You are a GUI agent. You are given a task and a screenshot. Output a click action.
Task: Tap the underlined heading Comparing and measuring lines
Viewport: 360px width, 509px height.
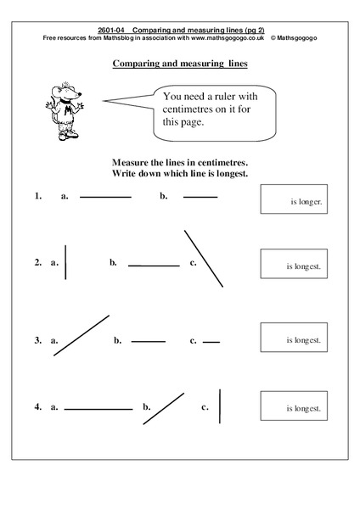tap(180, 63)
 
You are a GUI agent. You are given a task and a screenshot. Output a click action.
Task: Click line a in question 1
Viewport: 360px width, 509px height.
tap(106, 197)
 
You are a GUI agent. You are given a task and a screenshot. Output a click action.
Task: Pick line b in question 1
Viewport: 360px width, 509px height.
tap(200, 197)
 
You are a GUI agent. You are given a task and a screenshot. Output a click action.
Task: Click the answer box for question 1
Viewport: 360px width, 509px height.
tap(294, 201)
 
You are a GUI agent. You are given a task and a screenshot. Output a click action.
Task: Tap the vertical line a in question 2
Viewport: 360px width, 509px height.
tap(65, 262)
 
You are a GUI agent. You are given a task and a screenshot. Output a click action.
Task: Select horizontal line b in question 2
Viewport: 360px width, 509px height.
tap(154, 266)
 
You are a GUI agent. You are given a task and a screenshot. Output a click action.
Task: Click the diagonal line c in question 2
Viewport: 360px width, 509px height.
tap(204, 258)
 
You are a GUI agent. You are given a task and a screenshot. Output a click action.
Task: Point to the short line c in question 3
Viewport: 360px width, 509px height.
tap(211, 342)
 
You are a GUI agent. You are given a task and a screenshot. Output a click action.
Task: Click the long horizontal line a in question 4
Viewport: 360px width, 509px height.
tap(98, 409)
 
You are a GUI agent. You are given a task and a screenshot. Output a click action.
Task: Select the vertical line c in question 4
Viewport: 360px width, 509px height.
tap(220, 406)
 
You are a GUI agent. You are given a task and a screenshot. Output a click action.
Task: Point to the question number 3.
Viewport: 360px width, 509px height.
tap(37, 340)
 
